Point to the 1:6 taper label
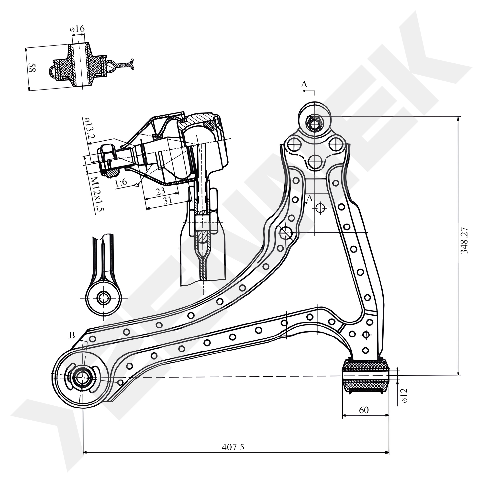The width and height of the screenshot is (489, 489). (121, 183)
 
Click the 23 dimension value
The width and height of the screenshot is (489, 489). (160, 192)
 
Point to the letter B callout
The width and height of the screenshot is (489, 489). (72, 336)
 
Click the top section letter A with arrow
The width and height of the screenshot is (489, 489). (304, 85)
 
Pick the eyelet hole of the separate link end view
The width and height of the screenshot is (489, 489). (104, 298)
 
